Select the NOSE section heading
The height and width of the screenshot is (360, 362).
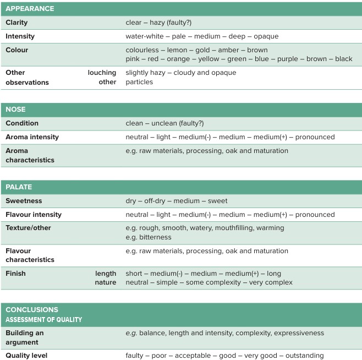click(x=15, y=110)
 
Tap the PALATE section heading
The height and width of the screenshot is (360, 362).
click(x=19, y=187)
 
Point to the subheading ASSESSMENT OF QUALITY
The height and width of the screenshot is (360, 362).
click(x=43, y=319)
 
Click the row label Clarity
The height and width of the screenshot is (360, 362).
click(x=17, y=23)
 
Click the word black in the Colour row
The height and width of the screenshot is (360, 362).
click(x=343, y=59)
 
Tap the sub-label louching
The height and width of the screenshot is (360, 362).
click(x=102, y=73)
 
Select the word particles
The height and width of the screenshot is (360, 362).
click(x=139, y=82)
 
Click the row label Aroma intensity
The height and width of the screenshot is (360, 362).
click(x=32, y=137)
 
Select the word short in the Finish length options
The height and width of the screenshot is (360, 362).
click(x=135, y=274)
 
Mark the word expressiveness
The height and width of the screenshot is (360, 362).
click(x=297, y=333)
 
